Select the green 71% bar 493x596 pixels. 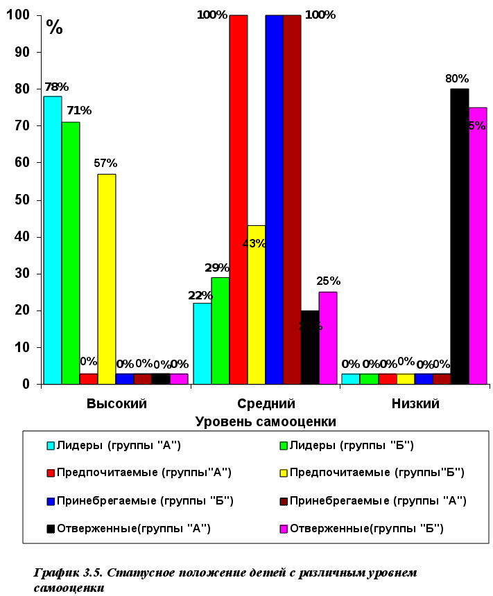tap(70, 252)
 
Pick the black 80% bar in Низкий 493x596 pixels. tap(459, 236)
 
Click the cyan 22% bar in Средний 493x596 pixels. tap(202, 343)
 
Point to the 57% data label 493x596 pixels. tap(105, 163)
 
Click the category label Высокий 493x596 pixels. tap(116, 403)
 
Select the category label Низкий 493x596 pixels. tap(415, 403)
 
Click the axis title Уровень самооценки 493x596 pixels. tap(266, 421)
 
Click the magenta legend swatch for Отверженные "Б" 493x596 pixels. tap(283, 528)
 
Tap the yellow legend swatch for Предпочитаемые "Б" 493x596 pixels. tap(283, 473)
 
